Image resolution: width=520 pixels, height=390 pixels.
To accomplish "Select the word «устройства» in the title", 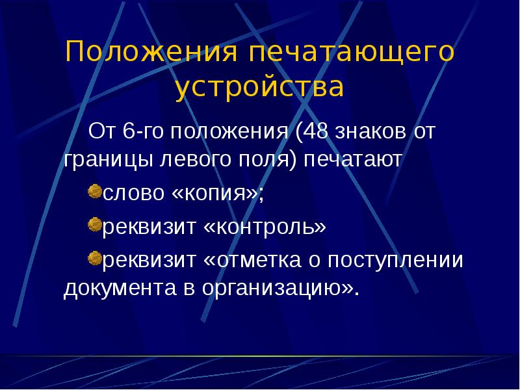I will [x=259, y=88].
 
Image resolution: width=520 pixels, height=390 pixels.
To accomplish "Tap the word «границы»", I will [x=108, y=160].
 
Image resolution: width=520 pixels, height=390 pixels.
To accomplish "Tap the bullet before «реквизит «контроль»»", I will [x=94, y=226].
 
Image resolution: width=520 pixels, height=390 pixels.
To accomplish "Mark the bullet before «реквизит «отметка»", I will [x=94, y=259].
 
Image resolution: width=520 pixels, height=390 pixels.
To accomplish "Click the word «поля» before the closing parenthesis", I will [x=266, y=160].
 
